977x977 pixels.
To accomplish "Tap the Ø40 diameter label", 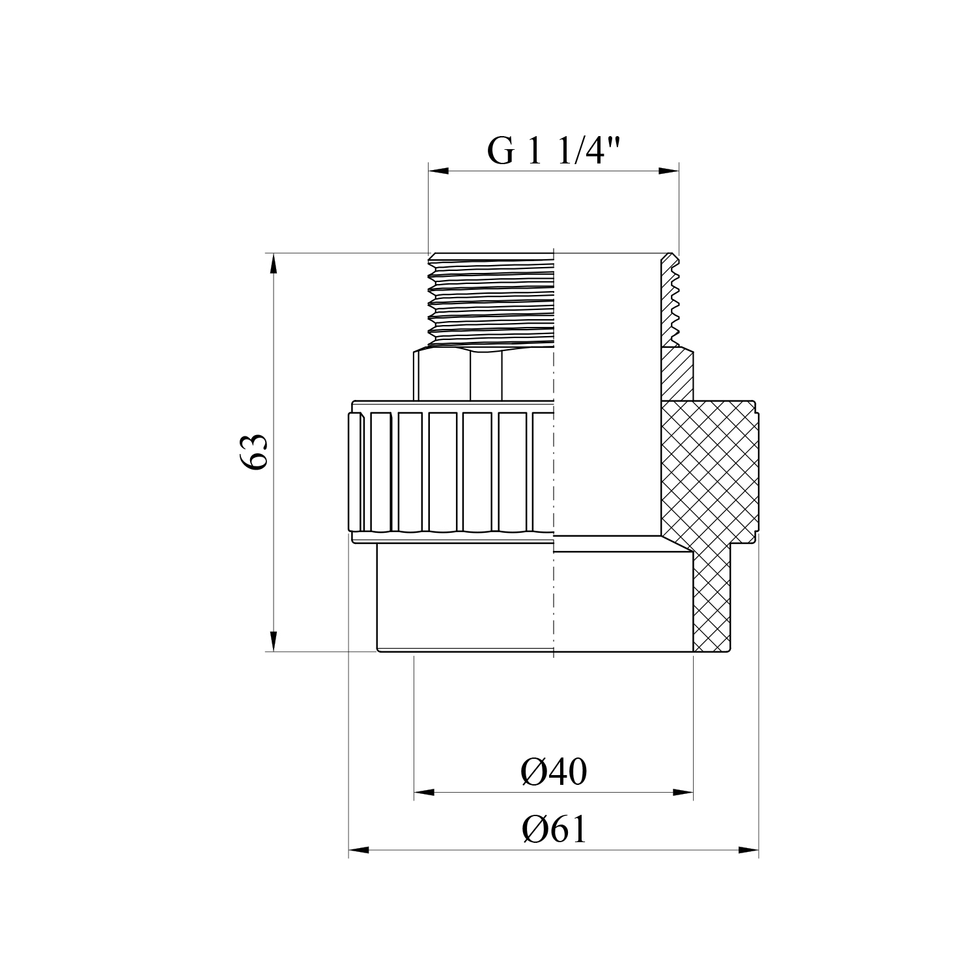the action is coord(554,772).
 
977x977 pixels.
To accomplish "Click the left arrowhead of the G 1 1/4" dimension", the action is coord(438,171).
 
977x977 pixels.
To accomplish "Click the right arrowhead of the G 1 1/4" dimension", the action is coord(669,171).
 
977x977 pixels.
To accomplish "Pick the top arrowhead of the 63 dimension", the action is coord(274,263).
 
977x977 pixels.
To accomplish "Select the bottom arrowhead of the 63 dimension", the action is coord(274,640).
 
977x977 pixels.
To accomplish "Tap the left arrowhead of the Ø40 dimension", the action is coord(425,793).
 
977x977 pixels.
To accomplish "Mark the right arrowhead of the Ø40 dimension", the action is coord(683,793).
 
